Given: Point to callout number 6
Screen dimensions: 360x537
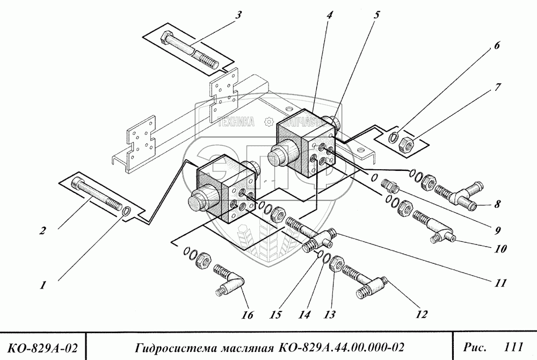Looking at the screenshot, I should pos(497,46).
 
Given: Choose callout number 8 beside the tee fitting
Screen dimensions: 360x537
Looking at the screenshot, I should pos(497,204).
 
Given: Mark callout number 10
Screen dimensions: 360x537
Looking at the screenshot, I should pos(501,250).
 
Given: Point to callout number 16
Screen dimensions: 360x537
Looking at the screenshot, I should pos(248,315).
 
